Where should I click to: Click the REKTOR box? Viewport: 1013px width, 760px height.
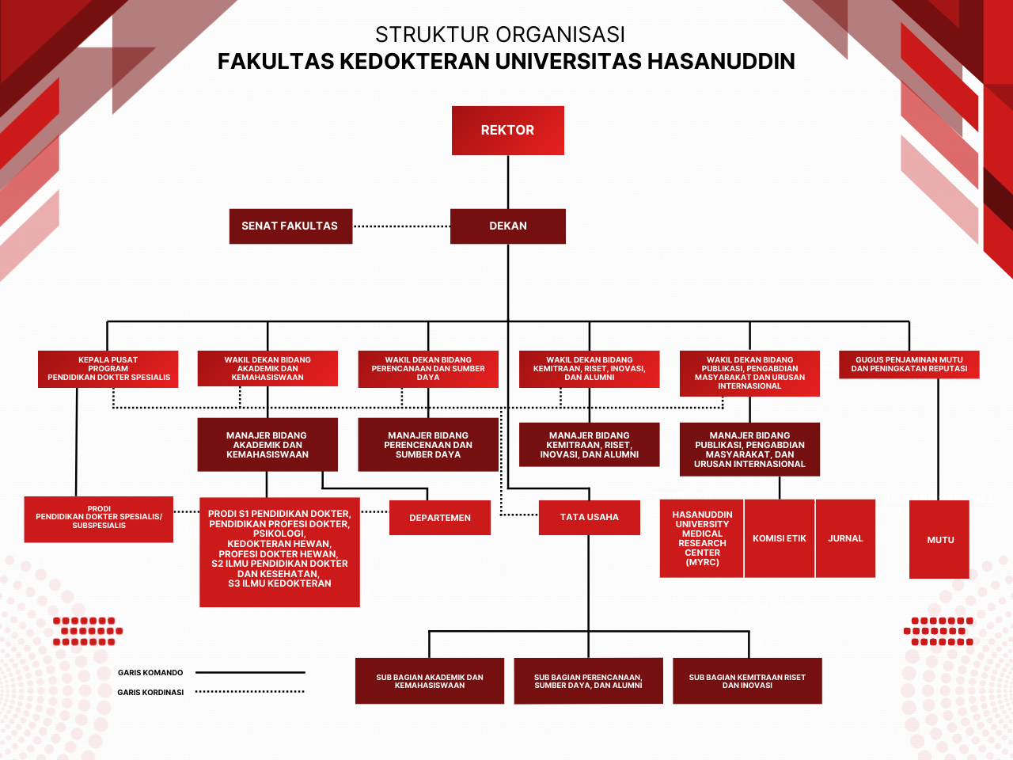pos(507,131)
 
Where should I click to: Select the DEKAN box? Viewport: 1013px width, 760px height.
pos(507,226)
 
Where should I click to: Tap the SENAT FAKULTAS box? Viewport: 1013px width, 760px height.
pos(290,226)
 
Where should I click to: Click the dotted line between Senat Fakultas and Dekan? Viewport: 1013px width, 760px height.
pos(401,226)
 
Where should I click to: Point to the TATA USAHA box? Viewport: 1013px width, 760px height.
pos(589,518)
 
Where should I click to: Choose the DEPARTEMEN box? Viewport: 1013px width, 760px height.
pos(439,518)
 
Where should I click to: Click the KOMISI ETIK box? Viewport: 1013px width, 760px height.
pos(779,538)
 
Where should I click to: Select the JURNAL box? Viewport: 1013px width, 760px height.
pos(845,538)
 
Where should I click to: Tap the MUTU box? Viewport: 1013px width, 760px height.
pos(939,539)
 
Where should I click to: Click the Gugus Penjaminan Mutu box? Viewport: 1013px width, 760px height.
pos(909,365)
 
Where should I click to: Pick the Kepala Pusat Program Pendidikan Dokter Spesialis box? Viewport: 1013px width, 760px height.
pos(108,369)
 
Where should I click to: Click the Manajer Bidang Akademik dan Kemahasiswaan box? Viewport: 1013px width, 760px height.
pos(267,445)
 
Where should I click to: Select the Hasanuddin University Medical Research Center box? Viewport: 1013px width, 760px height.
pos(701,538)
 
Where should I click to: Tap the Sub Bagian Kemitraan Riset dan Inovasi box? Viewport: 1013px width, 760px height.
pos(747,681)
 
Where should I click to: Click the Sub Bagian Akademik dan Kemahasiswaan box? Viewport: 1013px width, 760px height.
pos(429,681)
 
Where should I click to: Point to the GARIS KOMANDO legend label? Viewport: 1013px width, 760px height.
pos(150,673)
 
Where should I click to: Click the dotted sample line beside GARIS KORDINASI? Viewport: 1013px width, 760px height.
pos(249,692)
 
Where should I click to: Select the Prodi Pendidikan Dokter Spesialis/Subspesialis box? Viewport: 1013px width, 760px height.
pos(99,518)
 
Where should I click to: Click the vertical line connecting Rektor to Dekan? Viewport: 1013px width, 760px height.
pos(508,182)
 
